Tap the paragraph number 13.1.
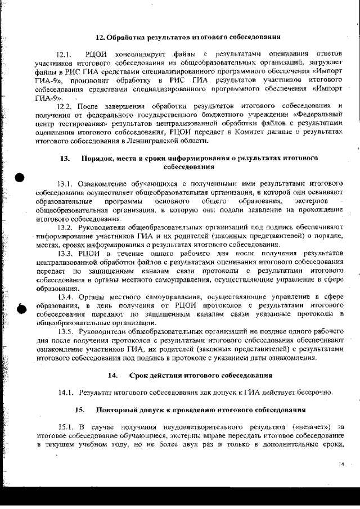(x=66, y=183)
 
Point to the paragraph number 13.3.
(x=66, y=253)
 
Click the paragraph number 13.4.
(x=66, y=296)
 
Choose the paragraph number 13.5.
(x=66, y=331)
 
